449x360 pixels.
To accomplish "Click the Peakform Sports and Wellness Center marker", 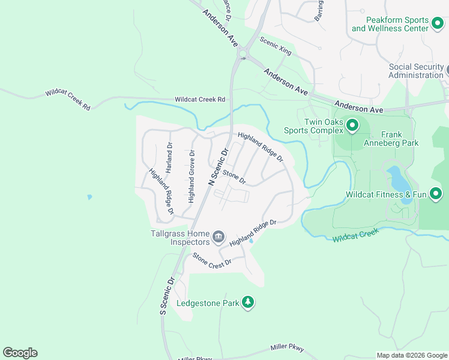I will [x=437, y=24].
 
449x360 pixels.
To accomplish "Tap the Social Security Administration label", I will [x=415, y=71].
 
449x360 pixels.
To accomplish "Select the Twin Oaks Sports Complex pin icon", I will [x=352, y=126].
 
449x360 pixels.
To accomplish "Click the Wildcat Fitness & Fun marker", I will [x=436, y=194].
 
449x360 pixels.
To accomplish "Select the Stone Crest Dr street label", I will [x=211, y=264].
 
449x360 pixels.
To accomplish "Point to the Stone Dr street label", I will [x=234, y=177].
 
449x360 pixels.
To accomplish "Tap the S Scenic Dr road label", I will [x=167, y=296].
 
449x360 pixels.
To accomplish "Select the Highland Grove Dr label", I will [x=191, y=176].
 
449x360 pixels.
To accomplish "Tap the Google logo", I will [x=20, y=353].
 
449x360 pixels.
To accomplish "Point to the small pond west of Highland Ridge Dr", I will [x=89, y=197].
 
